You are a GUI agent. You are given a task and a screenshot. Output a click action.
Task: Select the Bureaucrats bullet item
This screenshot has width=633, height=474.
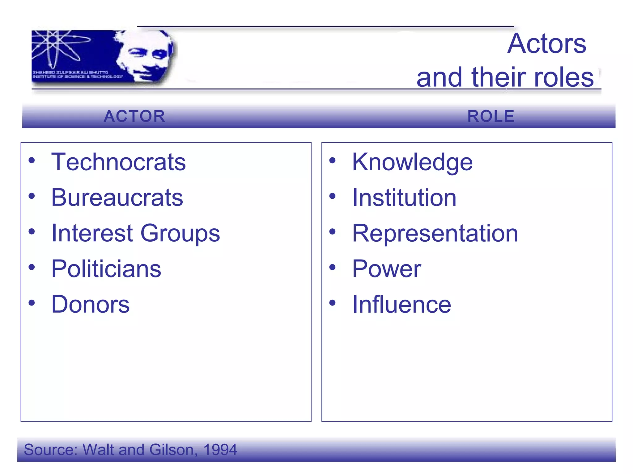[x=117, y=197]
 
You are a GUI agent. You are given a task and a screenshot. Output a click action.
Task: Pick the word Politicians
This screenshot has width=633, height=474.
[x=106, y=269]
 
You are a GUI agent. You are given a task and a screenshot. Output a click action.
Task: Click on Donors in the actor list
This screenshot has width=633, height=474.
[x=90, y=304]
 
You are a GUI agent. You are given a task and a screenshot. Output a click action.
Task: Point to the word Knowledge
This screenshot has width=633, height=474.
[x=412, y=163]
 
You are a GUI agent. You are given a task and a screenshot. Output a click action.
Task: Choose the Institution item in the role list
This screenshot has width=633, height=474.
[x=404, y=197]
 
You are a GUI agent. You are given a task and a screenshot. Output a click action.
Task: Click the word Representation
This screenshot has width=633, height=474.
[x=435, y=233]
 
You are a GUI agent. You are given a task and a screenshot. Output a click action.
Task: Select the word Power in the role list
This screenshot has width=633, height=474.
[x=386, y=269]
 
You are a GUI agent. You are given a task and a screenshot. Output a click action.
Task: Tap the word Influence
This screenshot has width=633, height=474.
[x=401, y=304]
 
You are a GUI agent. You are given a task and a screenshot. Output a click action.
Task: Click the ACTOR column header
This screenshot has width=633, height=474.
[x=134, y=116]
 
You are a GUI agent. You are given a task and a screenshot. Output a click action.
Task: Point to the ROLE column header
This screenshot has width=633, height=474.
[x=491, y=116]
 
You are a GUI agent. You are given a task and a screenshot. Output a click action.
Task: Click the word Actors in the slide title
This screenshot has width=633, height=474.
[x=546, y=44]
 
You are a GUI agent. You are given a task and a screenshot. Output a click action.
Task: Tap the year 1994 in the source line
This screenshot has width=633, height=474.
[x=220, y=450]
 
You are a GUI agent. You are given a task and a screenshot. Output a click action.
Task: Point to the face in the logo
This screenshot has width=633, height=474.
[x=145, y=56]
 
